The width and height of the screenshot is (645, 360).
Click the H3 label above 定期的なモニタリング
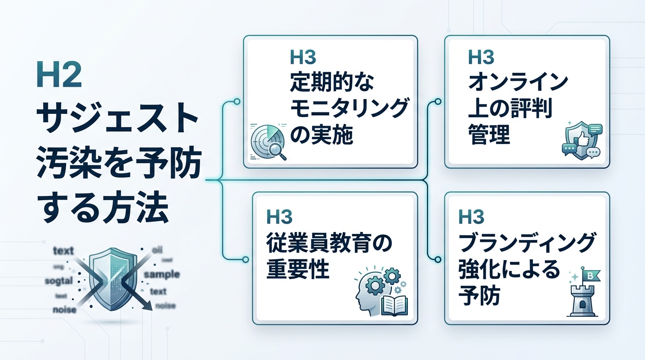(x=303, y=57)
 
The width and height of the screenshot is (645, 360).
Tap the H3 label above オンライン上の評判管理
(x=481, y=57)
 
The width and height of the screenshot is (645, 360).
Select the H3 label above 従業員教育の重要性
(x=279, y=217)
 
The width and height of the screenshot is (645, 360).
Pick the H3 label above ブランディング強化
(x=471, y=217)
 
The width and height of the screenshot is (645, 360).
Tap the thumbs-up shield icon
(x=581, y=139)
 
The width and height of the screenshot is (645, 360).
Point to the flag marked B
(x=591, y=275)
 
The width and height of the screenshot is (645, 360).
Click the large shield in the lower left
(x=110, y=279)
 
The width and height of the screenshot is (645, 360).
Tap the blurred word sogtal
(x=59, y=281)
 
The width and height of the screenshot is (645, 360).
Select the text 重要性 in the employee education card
(x=298, y=270)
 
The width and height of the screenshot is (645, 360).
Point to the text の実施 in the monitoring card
(x=321, y=135)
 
